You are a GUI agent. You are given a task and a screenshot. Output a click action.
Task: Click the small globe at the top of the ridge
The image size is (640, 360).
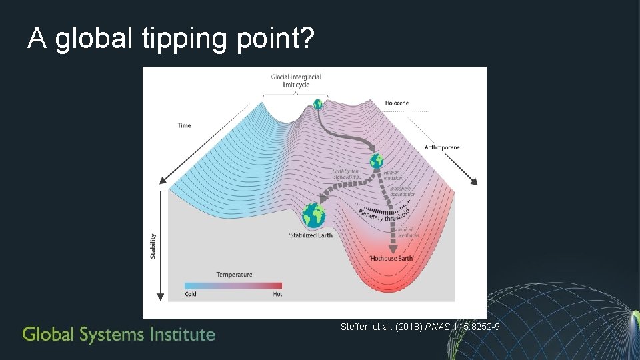(318, 104)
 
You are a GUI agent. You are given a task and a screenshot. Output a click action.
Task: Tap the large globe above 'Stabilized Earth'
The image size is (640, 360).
(313, 215)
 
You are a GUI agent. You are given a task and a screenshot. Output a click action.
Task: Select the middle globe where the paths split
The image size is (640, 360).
(377, 160)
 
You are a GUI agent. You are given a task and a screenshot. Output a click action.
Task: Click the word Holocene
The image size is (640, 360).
(397, 103)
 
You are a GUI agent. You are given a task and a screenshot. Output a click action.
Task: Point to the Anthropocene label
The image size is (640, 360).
(442, 147)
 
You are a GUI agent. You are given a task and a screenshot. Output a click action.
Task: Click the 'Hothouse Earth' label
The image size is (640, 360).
(392, 258)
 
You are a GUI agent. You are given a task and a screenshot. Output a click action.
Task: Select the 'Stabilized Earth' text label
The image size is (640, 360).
(311, 235)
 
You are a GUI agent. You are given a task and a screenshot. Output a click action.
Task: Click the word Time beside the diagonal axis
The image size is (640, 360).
(184, 125)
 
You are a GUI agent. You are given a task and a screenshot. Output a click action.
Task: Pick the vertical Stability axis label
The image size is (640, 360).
(153, 245)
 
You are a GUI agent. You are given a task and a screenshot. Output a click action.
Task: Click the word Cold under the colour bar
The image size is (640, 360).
(191, 294)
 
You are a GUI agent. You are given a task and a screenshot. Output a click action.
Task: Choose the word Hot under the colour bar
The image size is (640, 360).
(277, 294)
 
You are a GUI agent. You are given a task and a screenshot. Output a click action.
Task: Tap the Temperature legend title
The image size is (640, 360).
(234, 275)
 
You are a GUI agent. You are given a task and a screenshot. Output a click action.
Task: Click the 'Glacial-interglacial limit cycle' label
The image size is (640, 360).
(296, 81)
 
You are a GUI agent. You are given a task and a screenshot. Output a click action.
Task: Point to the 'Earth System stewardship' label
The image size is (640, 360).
(346, 175)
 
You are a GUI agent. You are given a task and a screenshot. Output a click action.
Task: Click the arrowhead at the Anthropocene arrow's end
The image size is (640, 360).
(475, 181)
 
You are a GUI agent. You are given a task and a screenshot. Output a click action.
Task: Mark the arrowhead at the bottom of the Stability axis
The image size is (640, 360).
(161, 296)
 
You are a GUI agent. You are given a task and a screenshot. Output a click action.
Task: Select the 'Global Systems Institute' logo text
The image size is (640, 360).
(119, 334)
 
